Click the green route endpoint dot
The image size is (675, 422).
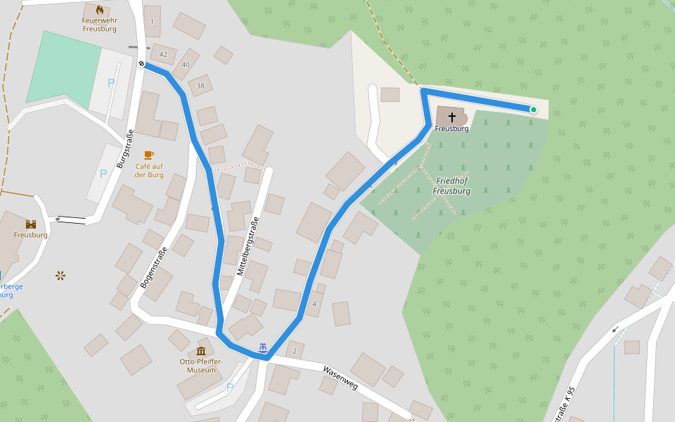533,109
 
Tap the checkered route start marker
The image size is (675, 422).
142,64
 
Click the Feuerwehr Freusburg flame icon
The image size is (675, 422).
100,10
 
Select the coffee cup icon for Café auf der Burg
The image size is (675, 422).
148,155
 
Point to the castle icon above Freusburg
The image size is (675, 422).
31,224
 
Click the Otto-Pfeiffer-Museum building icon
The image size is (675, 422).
202,351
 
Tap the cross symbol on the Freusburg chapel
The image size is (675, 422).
451,117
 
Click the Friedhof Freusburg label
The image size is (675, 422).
451,186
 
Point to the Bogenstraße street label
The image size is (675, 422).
154,268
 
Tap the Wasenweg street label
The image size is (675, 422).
340,378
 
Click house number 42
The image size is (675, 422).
164,54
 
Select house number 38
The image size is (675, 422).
200,86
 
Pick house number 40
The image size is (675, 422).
186,65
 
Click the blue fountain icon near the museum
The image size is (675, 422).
262,347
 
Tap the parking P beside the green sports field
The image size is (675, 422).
110,83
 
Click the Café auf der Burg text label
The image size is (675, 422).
149,170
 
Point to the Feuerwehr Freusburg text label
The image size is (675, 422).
100,25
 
